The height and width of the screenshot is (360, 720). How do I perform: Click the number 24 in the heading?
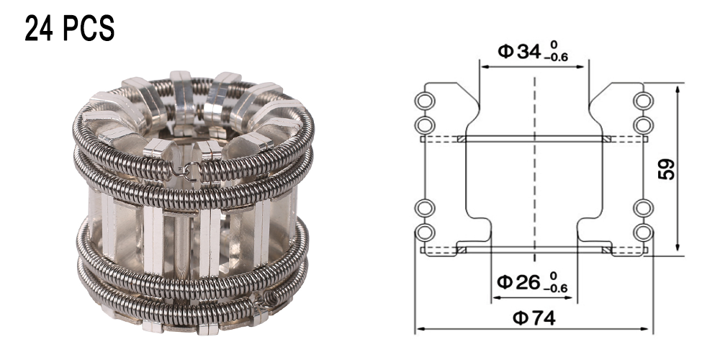[40, 29]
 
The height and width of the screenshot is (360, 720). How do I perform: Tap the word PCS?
[88, 29]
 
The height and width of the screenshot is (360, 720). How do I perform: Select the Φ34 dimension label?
[520, 51]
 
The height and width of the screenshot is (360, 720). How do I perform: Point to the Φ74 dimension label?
[534, 318]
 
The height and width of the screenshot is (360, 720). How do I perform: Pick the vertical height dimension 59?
[667, 169]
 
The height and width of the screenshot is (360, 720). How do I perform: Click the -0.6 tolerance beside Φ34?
[556, 58]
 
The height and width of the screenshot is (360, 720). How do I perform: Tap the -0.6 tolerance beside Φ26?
[556, 289]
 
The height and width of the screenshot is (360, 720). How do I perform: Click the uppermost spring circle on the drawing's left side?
[424, 101]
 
